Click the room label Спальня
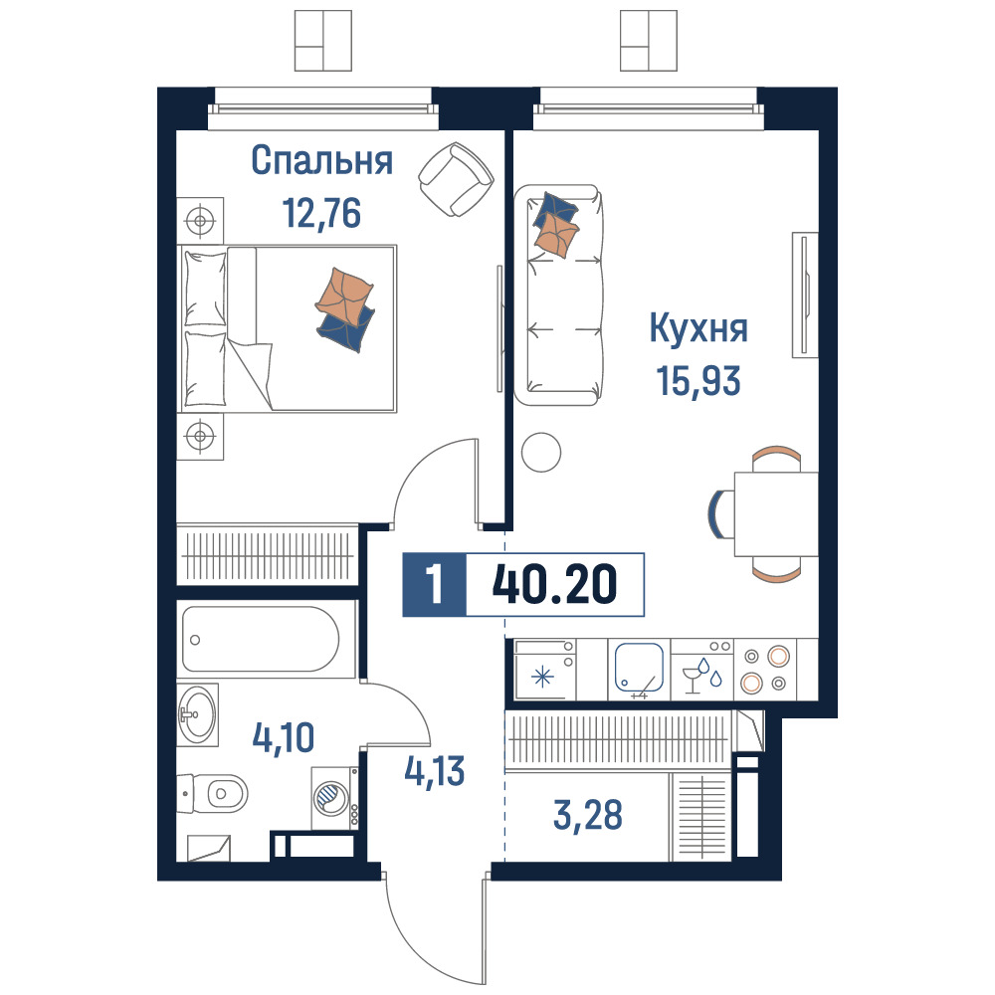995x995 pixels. coord(321,160)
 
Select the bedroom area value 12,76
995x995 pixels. coord(321,213)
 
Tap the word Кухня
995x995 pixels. coord(698,328)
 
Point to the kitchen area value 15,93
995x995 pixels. coord(698,381)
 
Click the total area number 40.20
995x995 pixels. coord(554,584)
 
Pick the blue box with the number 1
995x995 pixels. coord(435,584)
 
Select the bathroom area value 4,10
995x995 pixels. coord(283,737)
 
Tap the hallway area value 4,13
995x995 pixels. coord(435,772)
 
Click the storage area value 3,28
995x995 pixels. coord(588,816)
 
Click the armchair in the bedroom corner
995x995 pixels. coord(456,179)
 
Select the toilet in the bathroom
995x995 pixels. coord(212,793)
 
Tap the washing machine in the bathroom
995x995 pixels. coord(335,798)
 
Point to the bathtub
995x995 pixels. coord(261,639)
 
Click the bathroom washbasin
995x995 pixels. coord(197,714)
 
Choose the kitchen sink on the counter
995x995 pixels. coord(639,669)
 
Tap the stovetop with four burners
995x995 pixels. coord(764,670)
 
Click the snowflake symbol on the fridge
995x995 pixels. coord(542,677)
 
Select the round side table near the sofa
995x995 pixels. coord(541,452)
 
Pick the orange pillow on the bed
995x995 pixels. coord(344,294)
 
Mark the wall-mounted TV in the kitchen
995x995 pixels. coord(805,295)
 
